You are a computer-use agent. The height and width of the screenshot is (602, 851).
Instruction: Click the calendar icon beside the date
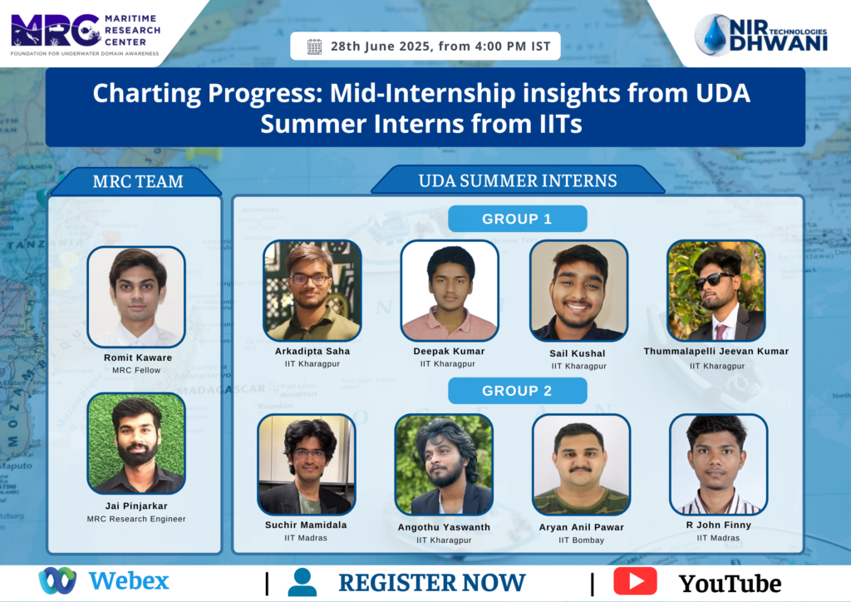314,47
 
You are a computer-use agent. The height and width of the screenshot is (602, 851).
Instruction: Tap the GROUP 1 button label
517,219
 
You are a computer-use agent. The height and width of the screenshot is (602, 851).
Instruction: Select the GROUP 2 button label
517,391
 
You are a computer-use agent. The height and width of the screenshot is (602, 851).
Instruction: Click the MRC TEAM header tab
137,181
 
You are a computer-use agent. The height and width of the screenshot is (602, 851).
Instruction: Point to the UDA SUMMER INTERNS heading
518,180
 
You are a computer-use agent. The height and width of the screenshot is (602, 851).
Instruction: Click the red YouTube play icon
635,581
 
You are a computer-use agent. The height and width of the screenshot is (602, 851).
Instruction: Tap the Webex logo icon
57,580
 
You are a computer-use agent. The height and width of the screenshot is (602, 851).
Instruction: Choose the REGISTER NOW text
432,582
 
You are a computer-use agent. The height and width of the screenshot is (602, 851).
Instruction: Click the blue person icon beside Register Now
303,582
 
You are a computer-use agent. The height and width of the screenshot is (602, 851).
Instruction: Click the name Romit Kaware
138,358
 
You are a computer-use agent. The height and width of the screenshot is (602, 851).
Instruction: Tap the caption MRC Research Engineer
136,519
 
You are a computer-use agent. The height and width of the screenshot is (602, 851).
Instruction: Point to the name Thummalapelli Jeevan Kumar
716,351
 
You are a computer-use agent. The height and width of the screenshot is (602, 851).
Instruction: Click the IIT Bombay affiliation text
581,540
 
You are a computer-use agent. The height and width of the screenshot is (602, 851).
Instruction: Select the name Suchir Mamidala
306,525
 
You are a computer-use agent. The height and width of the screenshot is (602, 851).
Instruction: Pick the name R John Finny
719,525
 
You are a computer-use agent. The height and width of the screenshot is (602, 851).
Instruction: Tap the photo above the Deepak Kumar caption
450,291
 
